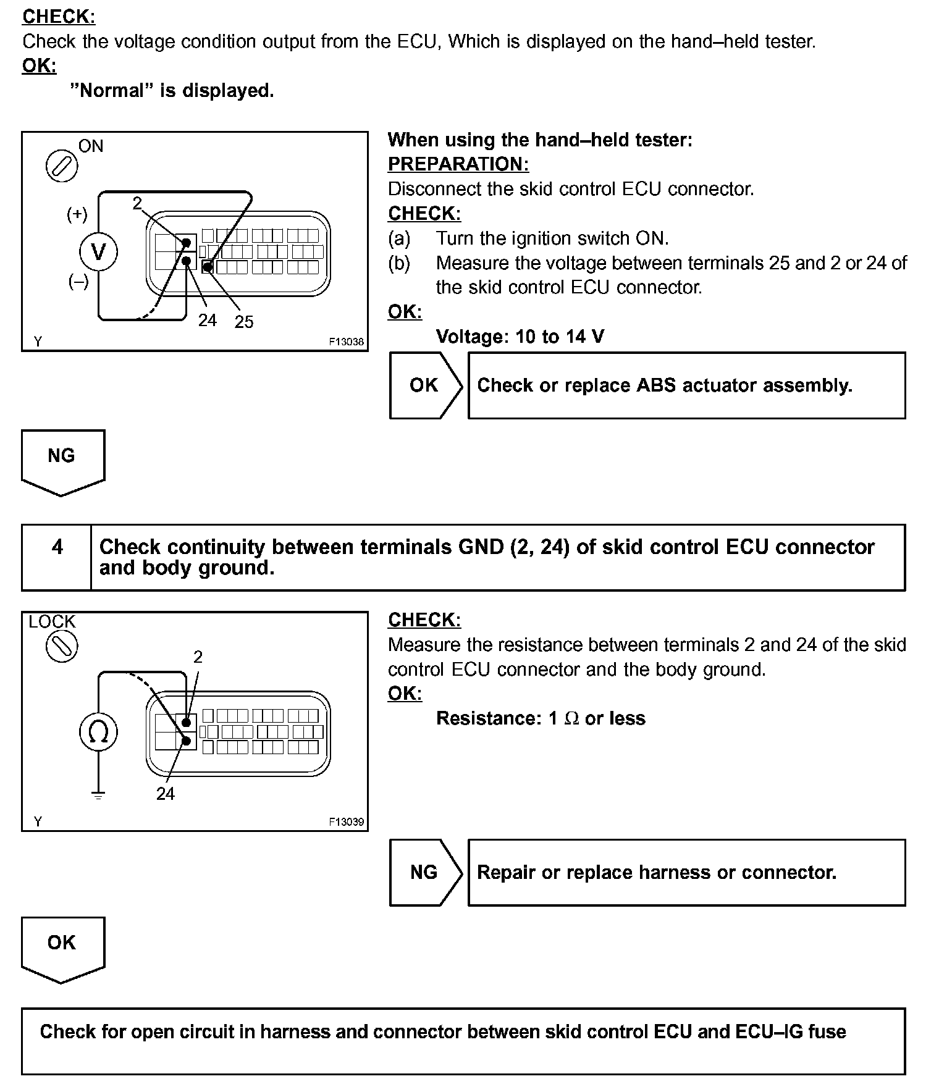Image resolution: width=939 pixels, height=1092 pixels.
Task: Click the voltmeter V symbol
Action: click(x=98, y=252)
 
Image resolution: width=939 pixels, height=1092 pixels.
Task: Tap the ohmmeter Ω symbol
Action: click(x=98, y=732)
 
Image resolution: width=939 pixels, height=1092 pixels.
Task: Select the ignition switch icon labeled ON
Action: click(x=62, y=166)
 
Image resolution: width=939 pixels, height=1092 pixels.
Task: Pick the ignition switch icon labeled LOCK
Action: click(x=62, y=647)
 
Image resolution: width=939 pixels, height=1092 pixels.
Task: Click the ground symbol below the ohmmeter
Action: click(x=98, y=796)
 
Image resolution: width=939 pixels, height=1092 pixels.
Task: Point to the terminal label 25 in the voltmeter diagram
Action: click(x=243, y=322)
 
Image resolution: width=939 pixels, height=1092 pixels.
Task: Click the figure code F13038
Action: click(x=346, y=342)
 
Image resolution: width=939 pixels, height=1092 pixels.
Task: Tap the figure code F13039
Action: click(x=346, y=822)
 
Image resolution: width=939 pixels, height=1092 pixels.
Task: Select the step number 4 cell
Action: click(x=57, y=547)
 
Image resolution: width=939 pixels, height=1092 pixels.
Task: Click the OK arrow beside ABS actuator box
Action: click(x=425, y=385)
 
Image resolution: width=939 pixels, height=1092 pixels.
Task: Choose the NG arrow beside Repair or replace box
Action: click(x=425, y=872)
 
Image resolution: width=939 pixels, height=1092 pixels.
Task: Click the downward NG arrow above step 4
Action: click(x=62, y=460)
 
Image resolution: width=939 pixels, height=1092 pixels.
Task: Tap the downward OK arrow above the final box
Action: click(x=62, y=947)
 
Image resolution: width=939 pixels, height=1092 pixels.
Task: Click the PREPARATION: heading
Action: click(x=458, y=164)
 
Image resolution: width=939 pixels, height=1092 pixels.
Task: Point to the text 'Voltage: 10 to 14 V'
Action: click(x=520, y=337)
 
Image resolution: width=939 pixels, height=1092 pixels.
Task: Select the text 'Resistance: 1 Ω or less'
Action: click(x=541, y=718)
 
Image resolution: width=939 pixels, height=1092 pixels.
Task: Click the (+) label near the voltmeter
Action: click(x=77, y=214)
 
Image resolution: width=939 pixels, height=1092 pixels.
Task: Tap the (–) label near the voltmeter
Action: click(x=78, y=282)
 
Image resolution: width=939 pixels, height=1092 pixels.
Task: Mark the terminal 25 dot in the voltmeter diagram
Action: click(x=208, y=267)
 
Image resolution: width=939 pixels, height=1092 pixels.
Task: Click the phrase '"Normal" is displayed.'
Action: click(x=172, y=91)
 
